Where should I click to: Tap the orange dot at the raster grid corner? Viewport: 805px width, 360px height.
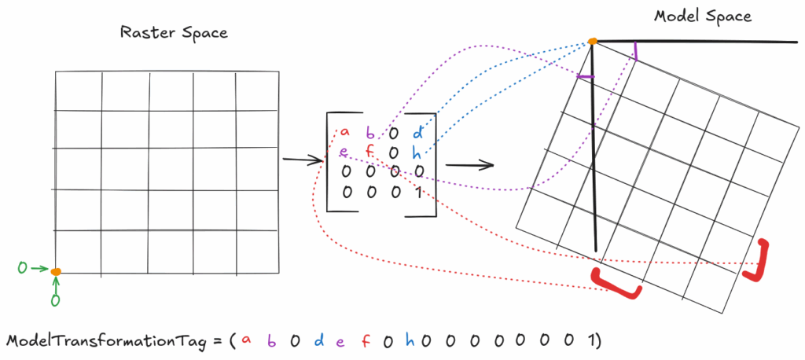[x=56, y=272]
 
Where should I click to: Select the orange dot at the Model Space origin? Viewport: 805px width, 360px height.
[x=593, y=41]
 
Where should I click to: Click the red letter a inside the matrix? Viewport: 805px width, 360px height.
[x=344, y=131]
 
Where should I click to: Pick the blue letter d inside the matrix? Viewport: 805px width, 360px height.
[x=417, y=132]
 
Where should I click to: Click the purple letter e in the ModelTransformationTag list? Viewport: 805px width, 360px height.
[x=340, y=341]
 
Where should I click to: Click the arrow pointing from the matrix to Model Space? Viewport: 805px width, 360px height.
[x=469, y=165]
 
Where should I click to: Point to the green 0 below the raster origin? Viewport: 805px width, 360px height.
[x=55, y=299]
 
